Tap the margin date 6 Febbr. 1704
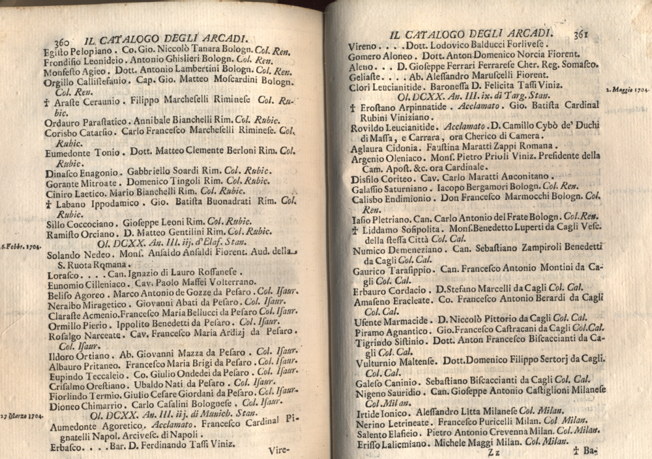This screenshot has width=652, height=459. (x=21, y=246)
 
